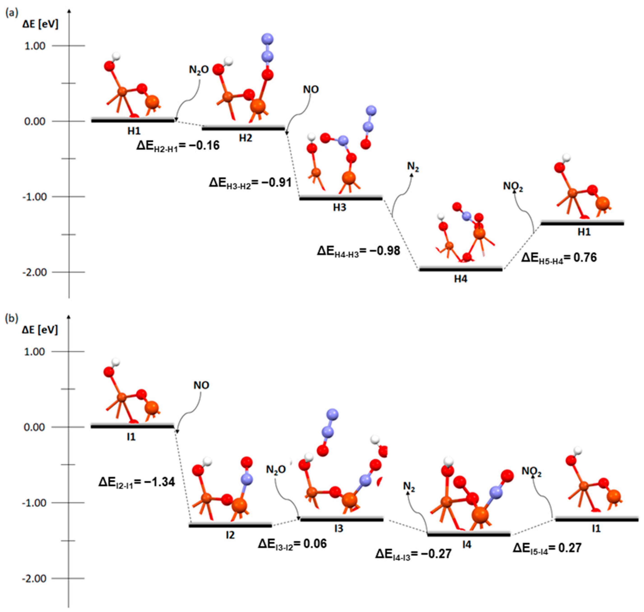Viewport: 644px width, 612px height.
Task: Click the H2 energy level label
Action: pos(245,138)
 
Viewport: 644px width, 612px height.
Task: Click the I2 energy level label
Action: pos(230,535)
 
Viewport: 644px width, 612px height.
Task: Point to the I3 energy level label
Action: pos(339,529)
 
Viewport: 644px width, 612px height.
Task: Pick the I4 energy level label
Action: pos(467,545)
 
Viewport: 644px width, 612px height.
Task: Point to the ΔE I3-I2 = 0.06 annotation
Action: pos(292,544)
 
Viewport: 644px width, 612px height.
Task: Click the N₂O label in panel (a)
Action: pos(199,70)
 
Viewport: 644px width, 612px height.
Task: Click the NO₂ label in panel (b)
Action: pos(531,471)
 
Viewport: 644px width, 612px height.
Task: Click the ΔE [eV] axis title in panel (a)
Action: pos(40,24)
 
